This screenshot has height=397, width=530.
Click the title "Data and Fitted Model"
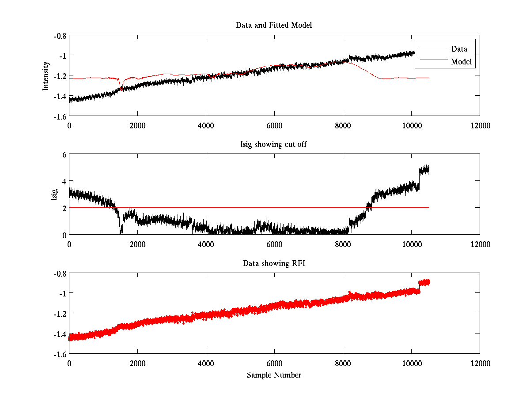click(274, 25)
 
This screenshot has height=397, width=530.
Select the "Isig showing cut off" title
click(274, 145)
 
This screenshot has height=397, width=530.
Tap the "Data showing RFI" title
click(274, 263)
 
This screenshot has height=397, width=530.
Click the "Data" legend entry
click(459, 49)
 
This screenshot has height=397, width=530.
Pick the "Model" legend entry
click(462, 62)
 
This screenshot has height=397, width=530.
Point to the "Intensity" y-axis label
click(45, 76)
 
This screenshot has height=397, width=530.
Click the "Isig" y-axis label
click(54, 194)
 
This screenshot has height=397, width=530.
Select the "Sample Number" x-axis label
click(274, 375)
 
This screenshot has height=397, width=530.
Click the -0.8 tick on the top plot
click(60, 36)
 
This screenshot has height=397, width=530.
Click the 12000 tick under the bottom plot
click(480, 363)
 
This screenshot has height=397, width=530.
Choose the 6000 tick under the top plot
click(274, 125)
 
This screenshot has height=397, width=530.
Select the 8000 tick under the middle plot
click(343, 244)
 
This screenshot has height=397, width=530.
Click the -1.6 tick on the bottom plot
click(60, 354)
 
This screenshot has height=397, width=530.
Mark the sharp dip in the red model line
click(120, 86)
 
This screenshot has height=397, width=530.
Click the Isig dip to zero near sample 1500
click(121, 232)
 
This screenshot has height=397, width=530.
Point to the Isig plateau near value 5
click(424, 169)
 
